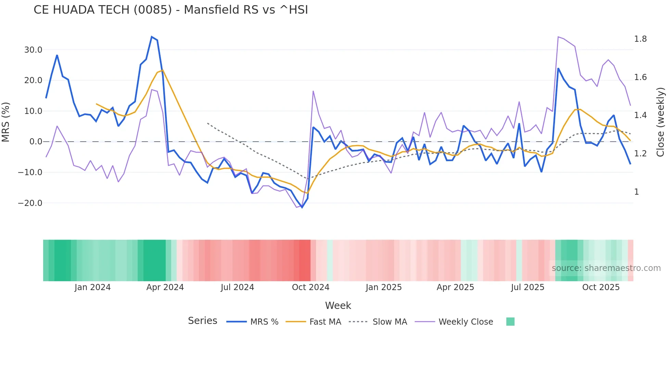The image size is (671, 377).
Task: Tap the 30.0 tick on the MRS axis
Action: [33, 50]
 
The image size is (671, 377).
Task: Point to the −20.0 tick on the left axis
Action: [30, 203]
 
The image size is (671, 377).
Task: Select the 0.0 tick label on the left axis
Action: [36, 142]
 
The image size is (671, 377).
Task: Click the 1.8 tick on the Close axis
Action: [640, 39]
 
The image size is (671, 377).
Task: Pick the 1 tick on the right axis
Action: [636, 192]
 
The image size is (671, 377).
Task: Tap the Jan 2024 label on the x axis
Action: [92, 287]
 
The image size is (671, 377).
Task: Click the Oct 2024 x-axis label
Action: [311, 287]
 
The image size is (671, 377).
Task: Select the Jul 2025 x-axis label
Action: [528, 287]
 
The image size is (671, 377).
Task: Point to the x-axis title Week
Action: [338, 305]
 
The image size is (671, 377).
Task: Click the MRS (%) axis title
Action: [6, 122]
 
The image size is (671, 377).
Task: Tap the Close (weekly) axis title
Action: [660, 122]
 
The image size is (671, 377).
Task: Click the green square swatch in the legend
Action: [510, 322]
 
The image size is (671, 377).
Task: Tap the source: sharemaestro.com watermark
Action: [606, 268]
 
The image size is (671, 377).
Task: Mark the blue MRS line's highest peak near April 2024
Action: [152, 37]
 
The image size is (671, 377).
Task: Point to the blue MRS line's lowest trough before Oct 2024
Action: [302, 207]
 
